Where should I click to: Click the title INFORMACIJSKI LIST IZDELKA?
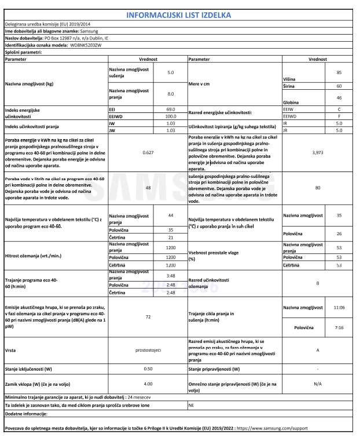180,13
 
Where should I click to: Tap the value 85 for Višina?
339,72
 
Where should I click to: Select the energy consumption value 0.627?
148,152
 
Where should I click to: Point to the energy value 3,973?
317,152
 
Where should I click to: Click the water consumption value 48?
148,188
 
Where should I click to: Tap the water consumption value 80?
317,188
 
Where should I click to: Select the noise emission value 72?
148,317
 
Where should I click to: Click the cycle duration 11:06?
339,307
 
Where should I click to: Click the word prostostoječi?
148,351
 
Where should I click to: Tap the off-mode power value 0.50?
148,368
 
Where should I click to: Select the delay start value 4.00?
148,384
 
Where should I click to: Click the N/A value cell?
317,384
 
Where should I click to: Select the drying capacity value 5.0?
171,72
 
